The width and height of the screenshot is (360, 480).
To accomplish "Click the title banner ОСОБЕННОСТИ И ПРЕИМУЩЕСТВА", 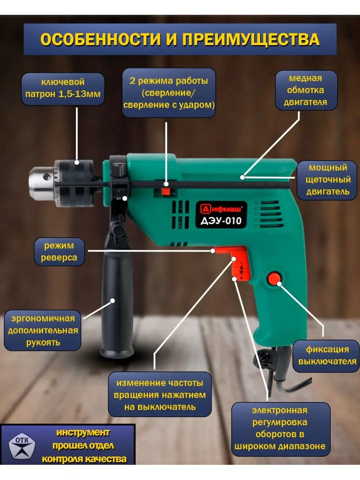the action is click(x=180, y=39).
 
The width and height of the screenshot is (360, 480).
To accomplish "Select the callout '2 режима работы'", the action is click(x=169, y=93).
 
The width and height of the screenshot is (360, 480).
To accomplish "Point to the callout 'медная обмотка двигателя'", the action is click(x=306, y=90).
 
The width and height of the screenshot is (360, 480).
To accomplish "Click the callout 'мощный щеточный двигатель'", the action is click(x=327, y=180).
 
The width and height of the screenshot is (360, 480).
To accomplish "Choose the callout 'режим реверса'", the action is click(x=59, y=252).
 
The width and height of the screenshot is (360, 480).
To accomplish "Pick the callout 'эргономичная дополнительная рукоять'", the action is click(x=43, y=330).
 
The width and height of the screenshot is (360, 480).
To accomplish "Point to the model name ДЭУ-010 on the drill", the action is click(x=221, y=221).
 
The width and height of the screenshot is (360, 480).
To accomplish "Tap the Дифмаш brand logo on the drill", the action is click(x=221, y=209).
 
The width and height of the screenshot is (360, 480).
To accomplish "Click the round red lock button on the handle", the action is click(x=274, y=278).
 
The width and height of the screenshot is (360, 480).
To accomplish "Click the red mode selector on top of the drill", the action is click(x=166, y=191).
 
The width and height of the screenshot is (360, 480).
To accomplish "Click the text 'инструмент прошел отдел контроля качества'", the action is click(x=83, y=446).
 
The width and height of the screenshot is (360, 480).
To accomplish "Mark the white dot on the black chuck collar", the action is click(x=77, y=162).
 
